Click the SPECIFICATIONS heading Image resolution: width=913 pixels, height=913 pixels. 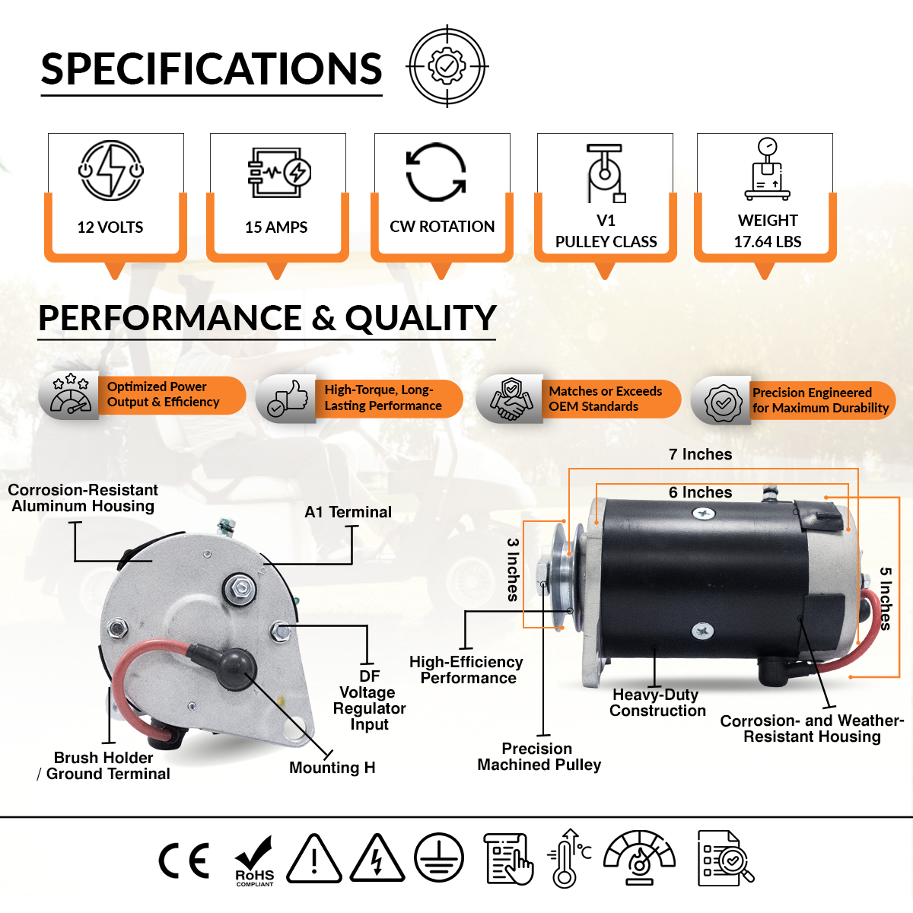[212, 68]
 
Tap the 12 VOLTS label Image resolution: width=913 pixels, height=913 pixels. [110, 227]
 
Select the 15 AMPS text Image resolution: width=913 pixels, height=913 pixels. [276, 227]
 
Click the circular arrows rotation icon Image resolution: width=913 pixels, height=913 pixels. [437, 172]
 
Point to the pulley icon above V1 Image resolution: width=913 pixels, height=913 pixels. [606, 173]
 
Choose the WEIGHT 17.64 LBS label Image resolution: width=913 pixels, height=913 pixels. [768, 231]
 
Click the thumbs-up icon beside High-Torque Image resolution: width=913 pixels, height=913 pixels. [288, 399]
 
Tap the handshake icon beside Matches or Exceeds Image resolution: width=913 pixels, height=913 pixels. [511, 399]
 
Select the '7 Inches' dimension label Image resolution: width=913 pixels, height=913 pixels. [700, 454]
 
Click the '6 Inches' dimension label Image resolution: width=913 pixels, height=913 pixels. [700, 492]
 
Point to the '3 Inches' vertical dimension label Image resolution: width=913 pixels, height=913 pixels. [513, 570]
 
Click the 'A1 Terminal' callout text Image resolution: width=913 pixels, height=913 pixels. [348, 512]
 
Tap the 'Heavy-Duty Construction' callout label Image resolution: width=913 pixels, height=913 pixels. [657, 703]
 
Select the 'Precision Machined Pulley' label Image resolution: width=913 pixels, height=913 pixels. [539, 756]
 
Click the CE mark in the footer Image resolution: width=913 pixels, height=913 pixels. [184, 861]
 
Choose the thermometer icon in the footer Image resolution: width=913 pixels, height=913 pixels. [568, 858]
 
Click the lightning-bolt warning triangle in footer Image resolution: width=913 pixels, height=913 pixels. [377, 859]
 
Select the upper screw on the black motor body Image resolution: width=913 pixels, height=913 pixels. [703, 513]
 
